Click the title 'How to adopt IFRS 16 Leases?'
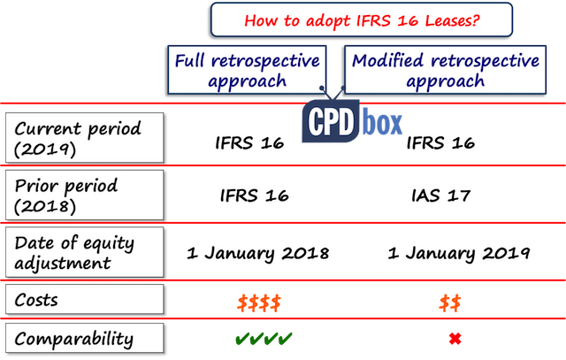click(362, 19)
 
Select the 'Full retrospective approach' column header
click(247, 70)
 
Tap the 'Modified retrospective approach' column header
click(445, 70)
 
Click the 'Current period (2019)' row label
click(85, 138)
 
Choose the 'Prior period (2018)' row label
click(85, 195)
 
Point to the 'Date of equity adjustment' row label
click(85, 252)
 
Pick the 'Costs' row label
click(85, 299)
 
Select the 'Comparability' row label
click(85, 338)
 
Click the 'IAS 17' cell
click(440, 195)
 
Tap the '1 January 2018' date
click(257, 253)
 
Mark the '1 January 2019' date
click(459, 253)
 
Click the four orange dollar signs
click(259, 303)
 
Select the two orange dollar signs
click(450, 303)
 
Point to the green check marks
click(264, 339)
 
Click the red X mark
click(455, 339)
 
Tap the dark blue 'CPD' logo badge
click(331, 121)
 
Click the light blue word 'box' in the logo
click(382, 121)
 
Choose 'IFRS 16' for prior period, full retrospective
click(255, 195)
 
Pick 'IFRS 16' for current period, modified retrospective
click(440, 143)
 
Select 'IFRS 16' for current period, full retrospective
click(249, 143)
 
